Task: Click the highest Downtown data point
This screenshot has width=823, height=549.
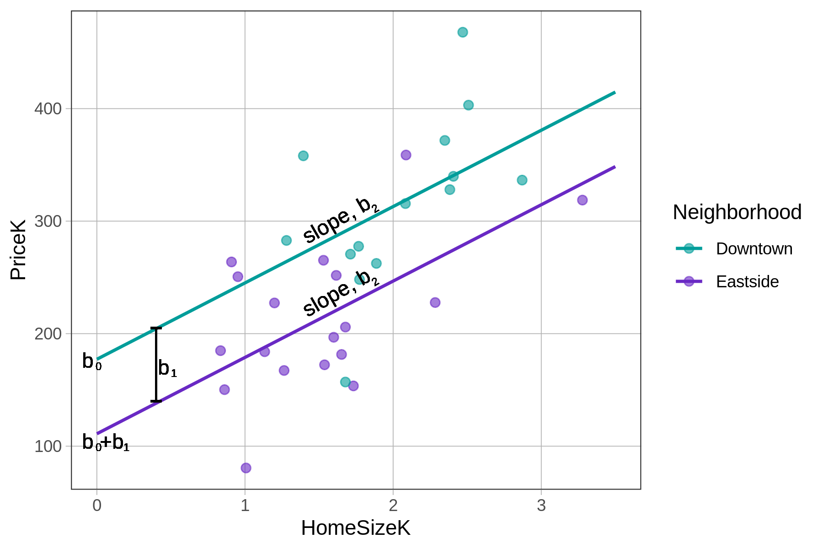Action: [x=463, y=32]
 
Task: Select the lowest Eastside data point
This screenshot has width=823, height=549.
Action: [x=246, y=468]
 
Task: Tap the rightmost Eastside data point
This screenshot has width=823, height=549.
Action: [x=582, y=200]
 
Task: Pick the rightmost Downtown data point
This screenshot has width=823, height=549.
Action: [x=522, y=180]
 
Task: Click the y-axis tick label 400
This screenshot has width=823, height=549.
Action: [x=48, y=109]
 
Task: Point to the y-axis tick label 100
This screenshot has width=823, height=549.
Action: [x=48, y=446]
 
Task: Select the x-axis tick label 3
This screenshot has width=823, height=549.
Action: [x=541, y=506]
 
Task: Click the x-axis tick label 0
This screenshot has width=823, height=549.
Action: [x=97, y=506]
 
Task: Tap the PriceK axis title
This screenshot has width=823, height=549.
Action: [x=18, y=250]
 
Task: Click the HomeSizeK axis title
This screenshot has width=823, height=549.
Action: [x=355, y=528]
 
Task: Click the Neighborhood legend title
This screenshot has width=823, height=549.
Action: [x=737, y=212]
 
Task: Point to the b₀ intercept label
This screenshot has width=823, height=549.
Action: [x=91, y=362]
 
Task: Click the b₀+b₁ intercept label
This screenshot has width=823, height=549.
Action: [x=106, y=442]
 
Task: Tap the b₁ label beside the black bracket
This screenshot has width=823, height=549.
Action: [x=167, y=368]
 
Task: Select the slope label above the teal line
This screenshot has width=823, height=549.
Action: [x=341, y=220]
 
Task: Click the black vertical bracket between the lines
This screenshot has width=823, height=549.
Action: [x=156, y=365]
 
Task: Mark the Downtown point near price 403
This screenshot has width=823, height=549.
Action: [x=468, y=105]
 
